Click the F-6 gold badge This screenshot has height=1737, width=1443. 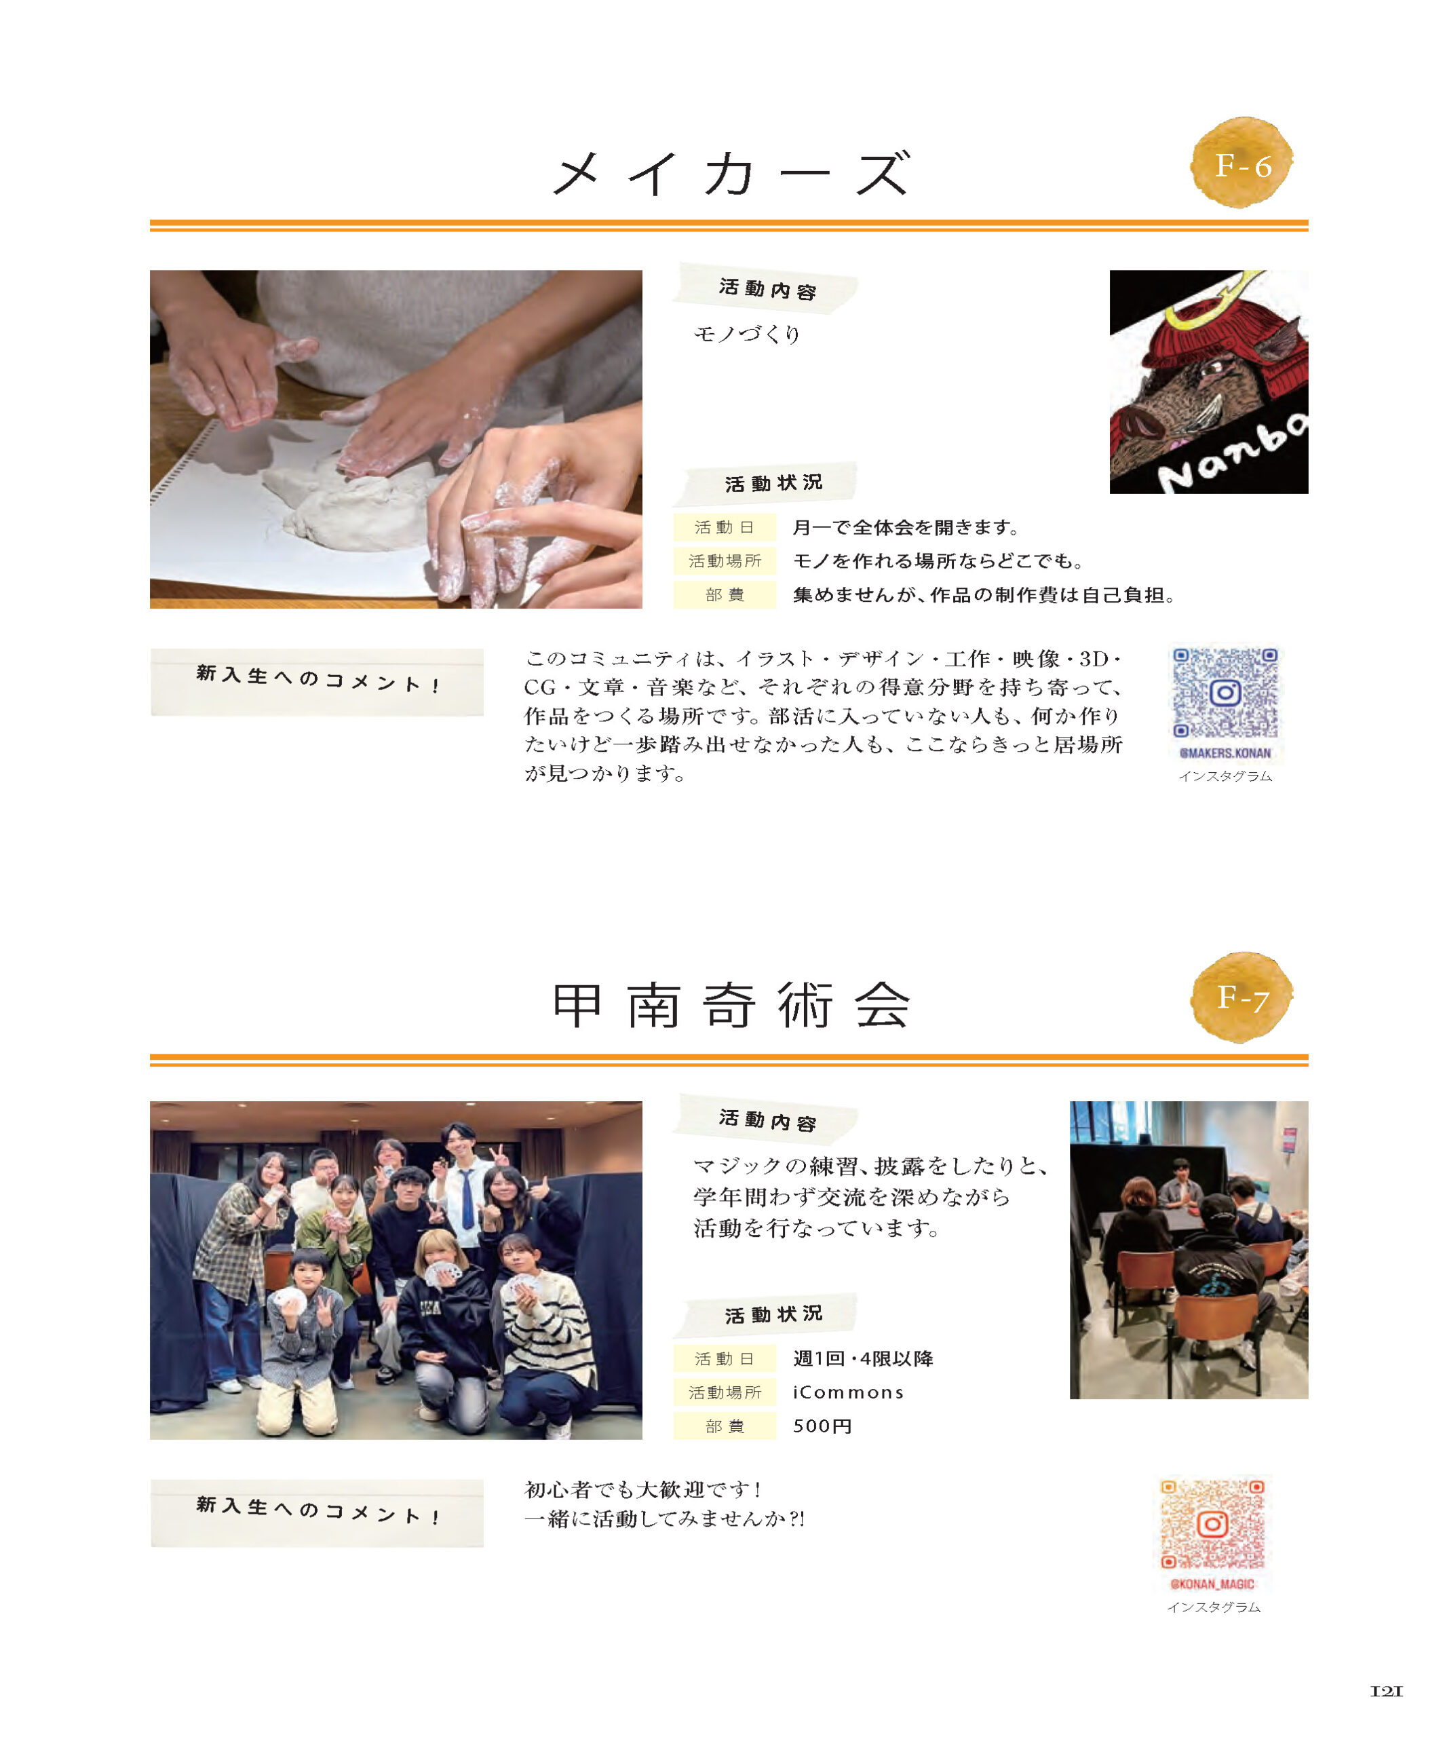[1242, 163]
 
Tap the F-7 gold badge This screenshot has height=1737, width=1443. [1242, 997]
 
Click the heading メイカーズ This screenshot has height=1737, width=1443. [731, 174]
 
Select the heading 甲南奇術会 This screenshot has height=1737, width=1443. [731, 1006]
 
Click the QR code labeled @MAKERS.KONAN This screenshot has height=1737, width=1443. [1225, 693]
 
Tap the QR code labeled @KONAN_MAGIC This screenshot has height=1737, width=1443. [1212, 1525]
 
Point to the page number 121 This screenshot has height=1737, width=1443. [1386, 1692]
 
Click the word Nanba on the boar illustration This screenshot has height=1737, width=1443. [1232, 456]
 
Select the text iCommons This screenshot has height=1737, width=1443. [847, 1393]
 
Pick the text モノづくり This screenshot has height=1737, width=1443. [747, 334]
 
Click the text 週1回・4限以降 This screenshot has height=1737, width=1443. [862, 1359]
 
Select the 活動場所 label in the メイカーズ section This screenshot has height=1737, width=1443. [725, 562]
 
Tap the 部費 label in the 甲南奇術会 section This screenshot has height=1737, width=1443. [725, 1427]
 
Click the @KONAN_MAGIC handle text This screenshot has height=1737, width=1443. [1212, 1584]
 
